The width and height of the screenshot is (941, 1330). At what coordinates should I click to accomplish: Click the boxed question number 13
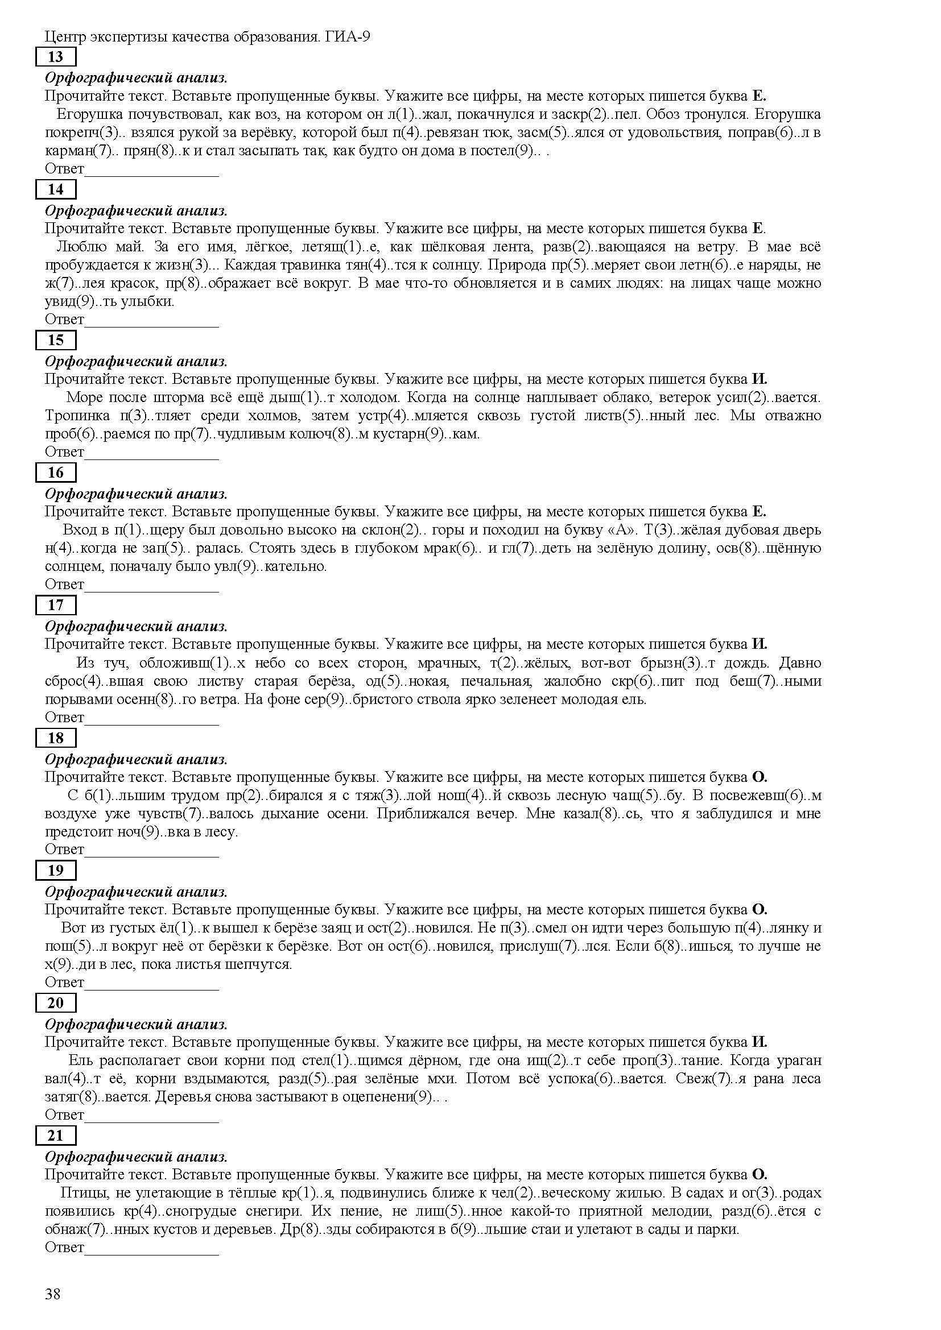tap(56, 57)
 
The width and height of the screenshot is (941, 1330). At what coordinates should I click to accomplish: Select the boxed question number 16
tap(56, 472)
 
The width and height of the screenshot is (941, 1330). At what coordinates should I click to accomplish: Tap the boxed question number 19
tap(56, 870)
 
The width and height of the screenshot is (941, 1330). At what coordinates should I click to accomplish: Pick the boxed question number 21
tap(56, 1136)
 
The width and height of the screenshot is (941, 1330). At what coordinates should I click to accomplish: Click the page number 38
tap(53, 1294)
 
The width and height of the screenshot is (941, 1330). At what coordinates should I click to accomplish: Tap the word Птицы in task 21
tap(80, 1194)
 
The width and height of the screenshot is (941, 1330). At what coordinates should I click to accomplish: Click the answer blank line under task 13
tap(151, 175)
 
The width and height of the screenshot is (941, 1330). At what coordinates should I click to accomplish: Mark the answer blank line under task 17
tap(151, 723)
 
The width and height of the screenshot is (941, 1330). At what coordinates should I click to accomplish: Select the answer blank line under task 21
tap(151, 1254)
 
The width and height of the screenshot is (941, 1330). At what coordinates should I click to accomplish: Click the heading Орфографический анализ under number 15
tap(136, 362)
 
